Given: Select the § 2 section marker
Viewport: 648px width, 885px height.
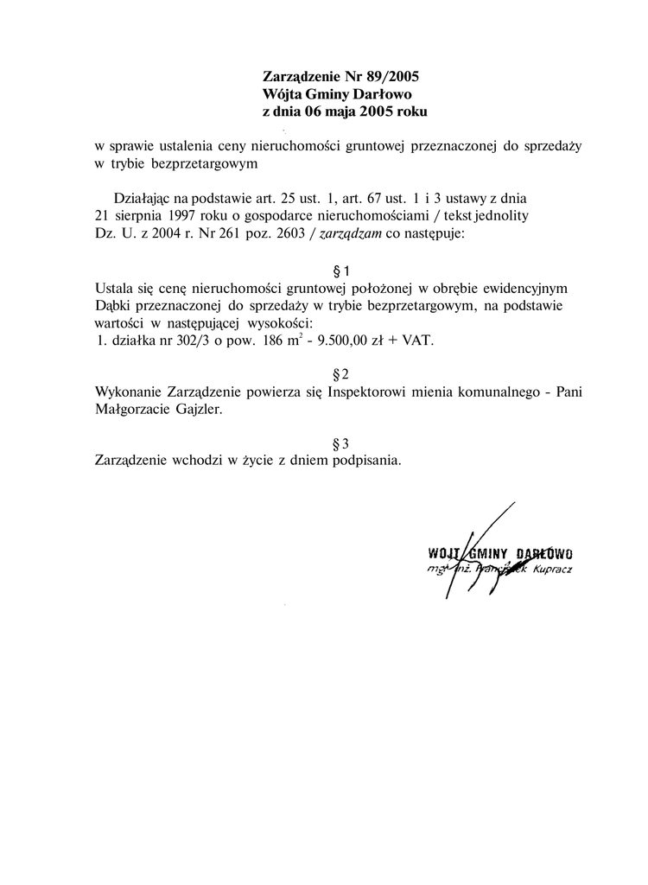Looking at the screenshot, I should click(340, 374).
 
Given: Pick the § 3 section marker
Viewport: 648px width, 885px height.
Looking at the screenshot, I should click(340, 443).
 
